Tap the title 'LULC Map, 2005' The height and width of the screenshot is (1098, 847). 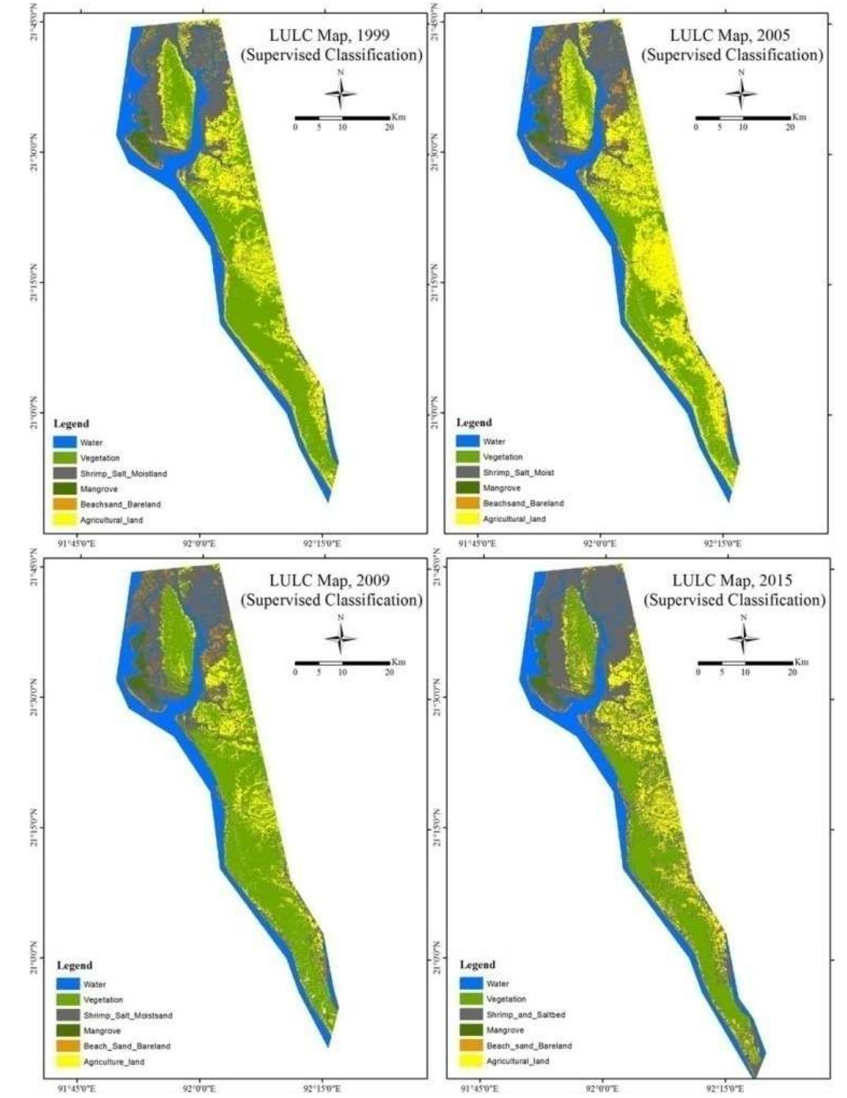(x=729, y=35)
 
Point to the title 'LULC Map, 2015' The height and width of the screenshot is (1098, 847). (x=731, y=581)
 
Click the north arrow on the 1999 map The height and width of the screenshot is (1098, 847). (x=341, y=94)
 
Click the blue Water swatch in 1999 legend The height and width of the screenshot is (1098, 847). (x=65, y=442)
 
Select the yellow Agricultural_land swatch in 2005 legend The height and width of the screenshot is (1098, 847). (x=468, y=519)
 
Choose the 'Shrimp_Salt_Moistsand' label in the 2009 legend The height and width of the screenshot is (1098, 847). (x=128, y=1015)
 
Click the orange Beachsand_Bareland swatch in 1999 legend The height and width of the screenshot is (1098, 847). (x=65, y=504)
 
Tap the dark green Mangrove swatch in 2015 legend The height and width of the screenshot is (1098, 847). (x=471, y=1030)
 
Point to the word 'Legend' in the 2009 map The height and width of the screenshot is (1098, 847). (x=74, y=966)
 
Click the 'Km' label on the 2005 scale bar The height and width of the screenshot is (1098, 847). (x=799, y=117)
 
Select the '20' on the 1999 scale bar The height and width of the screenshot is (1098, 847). (x=390, y=127)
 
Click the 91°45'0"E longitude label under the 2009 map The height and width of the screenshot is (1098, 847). (x=76, y=1089)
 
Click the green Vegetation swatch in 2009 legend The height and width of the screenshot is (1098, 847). (x=67, y=999)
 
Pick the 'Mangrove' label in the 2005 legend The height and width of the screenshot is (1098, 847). (x=502, y=488)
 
